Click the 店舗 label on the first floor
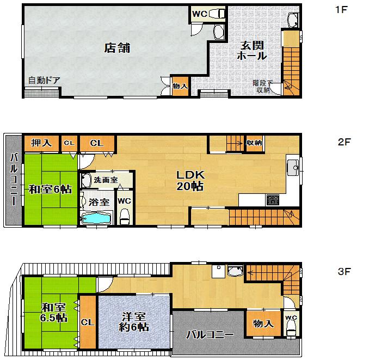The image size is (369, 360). coord(116,48)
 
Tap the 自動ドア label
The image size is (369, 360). coord(44,81)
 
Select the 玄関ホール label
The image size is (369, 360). coord(252,51)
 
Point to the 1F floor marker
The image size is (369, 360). coord(341,10)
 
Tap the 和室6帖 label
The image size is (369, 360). coord(50,190)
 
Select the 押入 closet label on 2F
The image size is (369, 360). coord(41,143)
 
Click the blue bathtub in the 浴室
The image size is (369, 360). coord(96,218)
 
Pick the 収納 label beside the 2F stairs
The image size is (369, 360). coord(254,143)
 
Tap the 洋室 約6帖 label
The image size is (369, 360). coord(133,322)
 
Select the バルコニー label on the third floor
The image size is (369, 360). coord(210,334)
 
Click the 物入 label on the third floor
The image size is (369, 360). coord(263,324)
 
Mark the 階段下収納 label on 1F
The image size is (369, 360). coord(262,87)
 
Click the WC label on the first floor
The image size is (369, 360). coord(199,14)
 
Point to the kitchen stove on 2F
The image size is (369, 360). coord(273,200)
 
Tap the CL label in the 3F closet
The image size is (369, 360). coord(88,322)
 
